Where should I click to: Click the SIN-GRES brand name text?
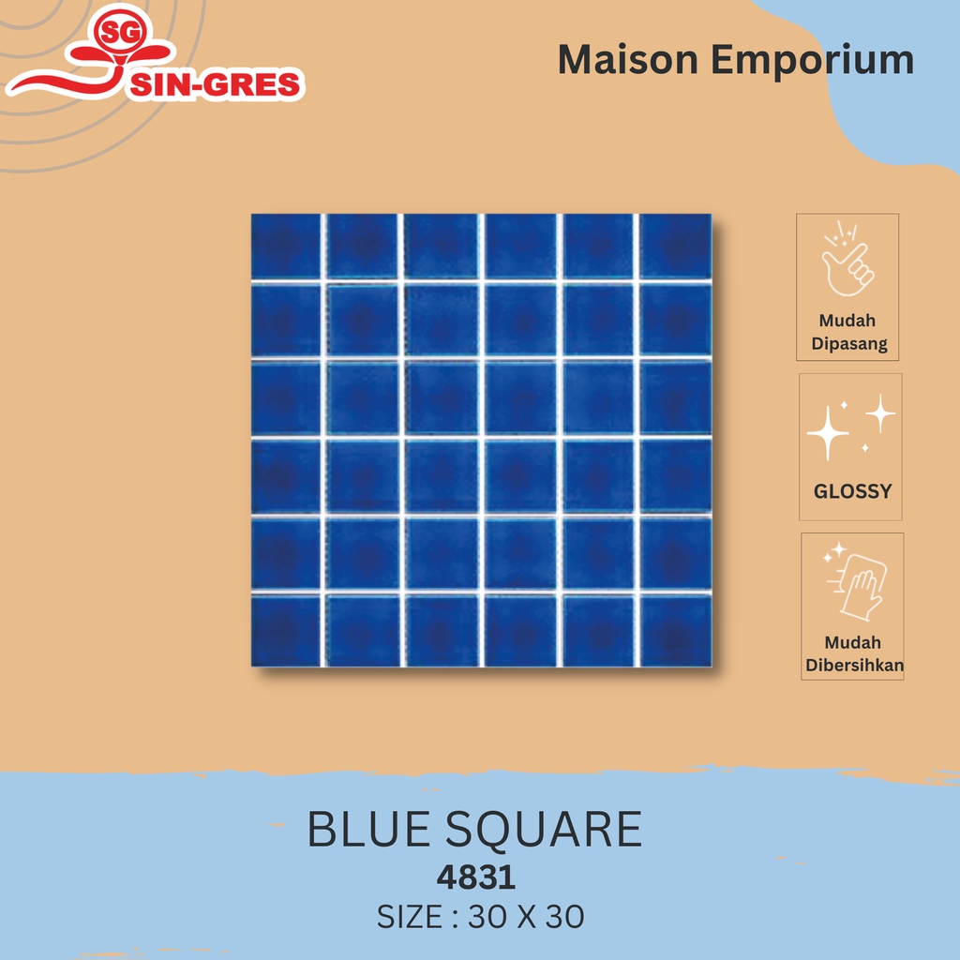click(x=214, y=85)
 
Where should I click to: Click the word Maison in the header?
click(x=628, y=60)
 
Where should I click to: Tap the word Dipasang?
click(x=848, y=344)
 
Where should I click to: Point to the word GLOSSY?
click(x=851, y=491)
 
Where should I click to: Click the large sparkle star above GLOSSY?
click(x=828, y=432)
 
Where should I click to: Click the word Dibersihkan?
click(x=853, y=667)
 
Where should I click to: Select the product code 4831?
click(x=476, y=877)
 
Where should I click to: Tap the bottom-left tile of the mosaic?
click(x=286, y=630)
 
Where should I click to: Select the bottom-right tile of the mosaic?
click(x=675, y=630)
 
